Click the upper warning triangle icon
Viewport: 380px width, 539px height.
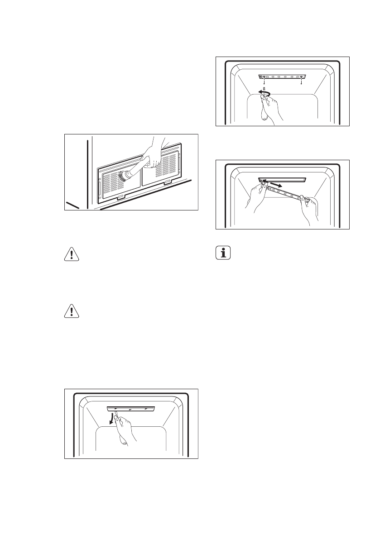[72, 255]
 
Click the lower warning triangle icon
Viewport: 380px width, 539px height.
[72, 311]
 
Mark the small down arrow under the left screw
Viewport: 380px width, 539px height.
[264, 82]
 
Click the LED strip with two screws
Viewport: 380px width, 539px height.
[283, 77]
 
